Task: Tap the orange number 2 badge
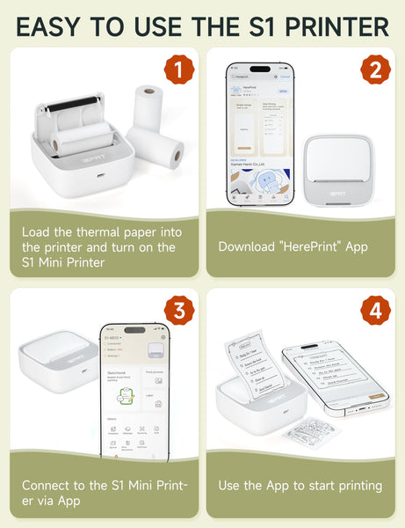pos(372,70)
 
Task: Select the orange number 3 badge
pos(178,311)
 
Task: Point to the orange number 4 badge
pos(372,311)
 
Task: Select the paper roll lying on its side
pos(156,147)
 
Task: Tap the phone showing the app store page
pos(260,132)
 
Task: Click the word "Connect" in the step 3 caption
pos(47,486)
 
